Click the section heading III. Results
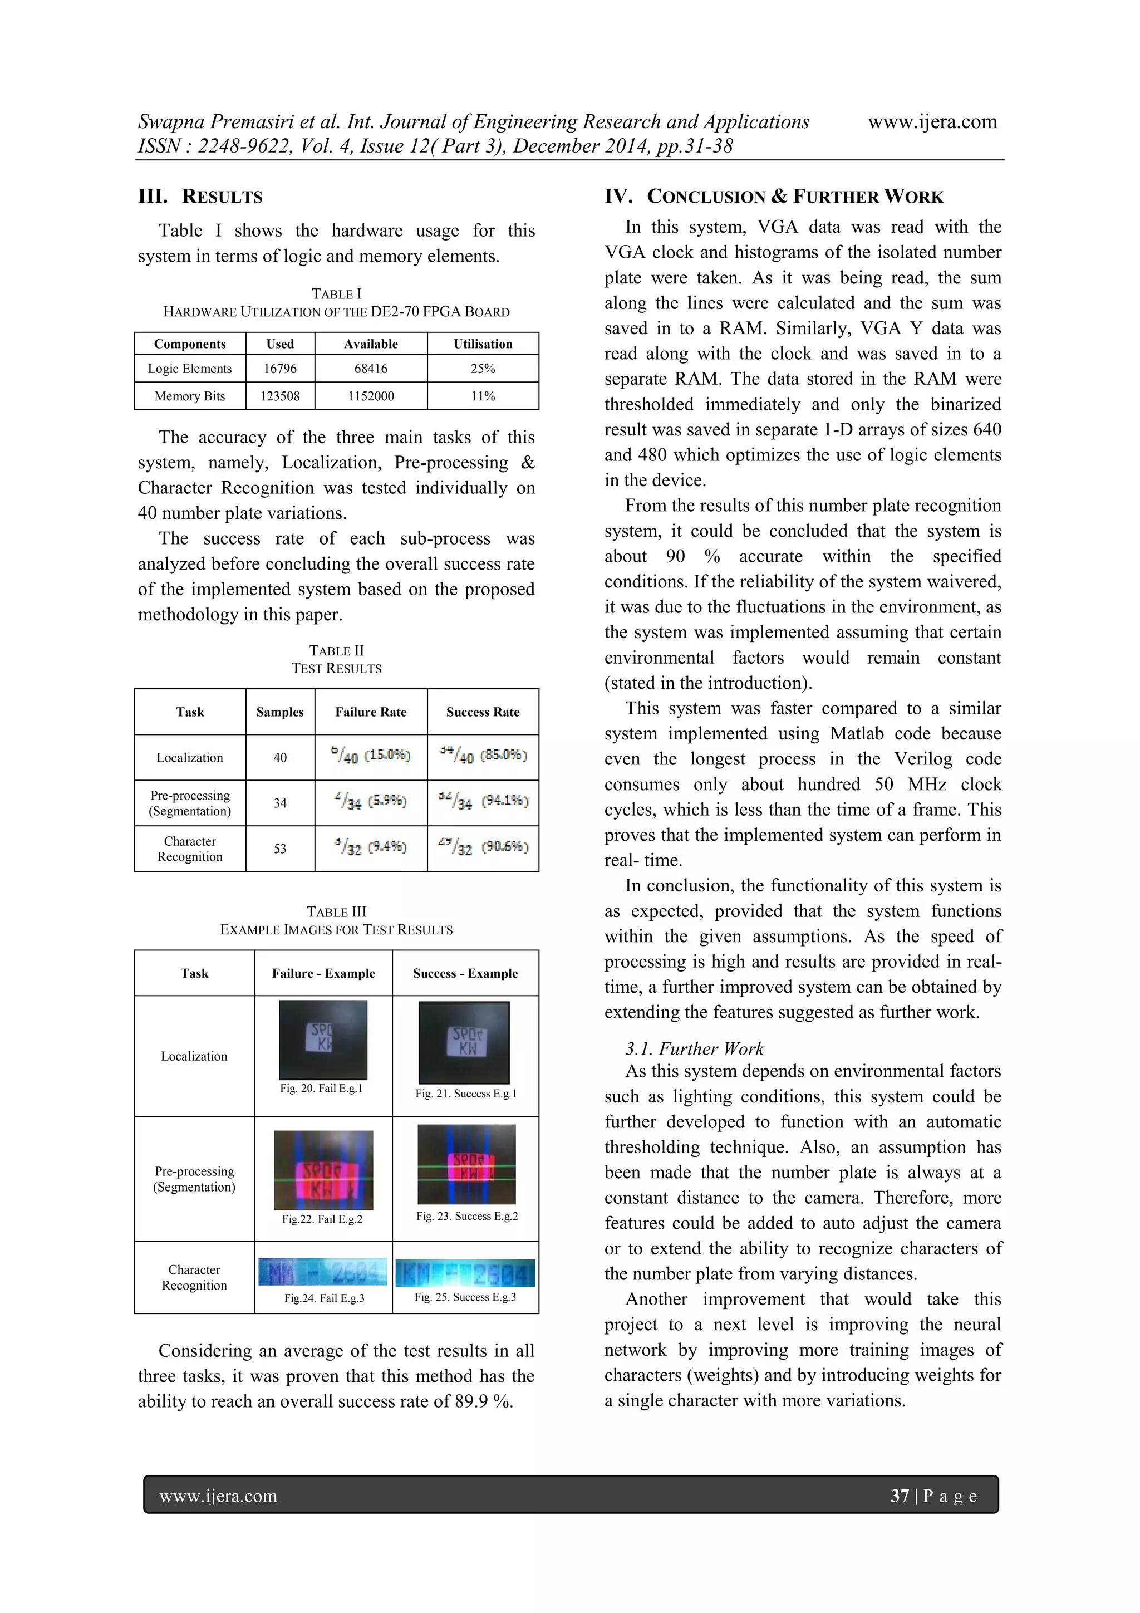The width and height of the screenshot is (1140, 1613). [200, 197]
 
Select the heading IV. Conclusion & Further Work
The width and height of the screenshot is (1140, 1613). [774, 197]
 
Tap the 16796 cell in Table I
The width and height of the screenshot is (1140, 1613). [279, 369]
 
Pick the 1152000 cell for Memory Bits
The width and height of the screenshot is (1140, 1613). [370, 396]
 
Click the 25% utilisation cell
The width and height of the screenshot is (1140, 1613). [483, 369]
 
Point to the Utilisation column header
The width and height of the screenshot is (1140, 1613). [483, 344]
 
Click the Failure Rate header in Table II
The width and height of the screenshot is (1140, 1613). [370, 712]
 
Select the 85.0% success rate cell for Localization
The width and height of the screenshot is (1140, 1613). [483, 757]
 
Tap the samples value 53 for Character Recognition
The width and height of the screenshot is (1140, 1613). [279, 849]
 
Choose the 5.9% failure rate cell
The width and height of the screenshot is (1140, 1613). [370, 802]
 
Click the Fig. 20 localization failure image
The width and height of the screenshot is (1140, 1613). [323, 1040]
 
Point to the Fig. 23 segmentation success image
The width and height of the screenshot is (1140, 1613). [466, 1165]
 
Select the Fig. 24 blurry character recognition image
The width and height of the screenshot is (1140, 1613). [322, 1272]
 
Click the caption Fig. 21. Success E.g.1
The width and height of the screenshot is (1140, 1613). [466, 1094]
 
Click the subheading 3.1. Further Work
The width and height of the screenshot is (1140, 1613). [694, 1049]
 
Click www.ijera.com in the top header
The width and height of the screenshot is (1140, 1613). [932, 121]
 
